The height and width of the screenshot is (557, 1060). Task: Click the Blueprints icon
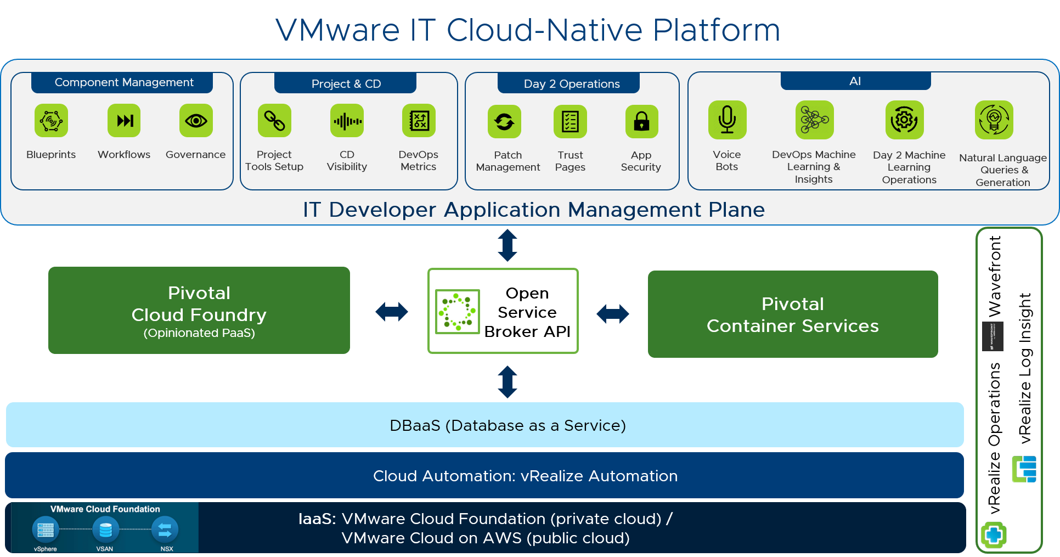(51, 121)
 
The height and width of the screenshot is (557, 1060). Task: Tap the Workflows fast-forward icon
(124, 121)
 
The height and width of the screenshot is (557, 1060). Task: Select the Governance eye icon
(196, 121)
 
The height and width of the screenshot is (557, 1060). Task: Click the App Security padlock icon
(641, 121)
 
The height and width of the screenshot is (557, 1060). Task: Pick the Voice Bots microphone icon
(727, 120)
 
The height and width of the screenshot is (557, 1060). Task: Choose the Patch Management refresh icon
(504, 121)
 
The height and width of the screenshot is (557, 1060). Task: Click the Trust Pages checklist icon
(570, 121)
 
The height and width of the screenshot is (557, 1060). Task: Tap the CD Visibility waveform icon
(347, 121)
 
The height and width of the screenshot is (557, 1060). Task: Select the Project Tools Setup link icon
(274, 121)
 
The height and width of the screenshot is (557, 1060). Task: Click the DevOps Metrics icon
(419, 121)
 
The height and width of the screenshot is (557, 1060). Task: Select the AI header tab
(855, 81)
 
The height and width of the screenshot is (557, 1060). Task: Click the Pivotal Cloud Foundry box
(199, 311)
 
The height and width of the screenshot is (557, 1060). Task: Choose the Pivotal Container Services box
(793, 314)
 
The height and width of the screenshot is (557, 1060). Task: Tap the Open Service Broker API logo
(457, 312)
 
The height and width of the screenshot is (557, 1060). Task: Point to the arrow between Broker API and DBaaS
(508, 382)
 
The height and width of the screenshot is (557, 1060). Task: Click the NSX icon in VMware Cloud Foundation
(165, 530)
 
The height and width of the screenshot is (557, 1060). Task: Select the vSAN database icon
(105, 530)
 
